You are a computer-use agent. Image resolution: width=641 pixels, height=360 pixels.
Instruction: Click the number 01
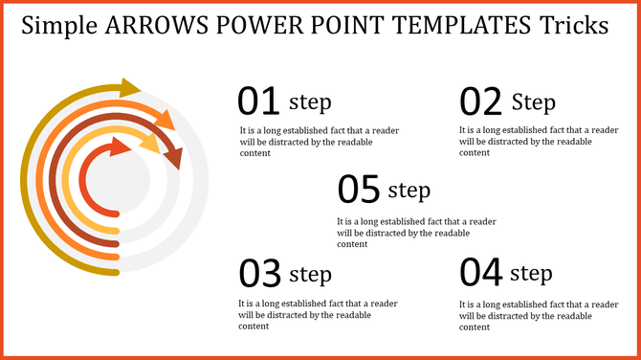pyautogui.click(x=258, y=101)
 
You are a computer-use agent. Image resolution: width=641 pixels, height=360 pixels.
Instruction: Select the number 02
pyautogui.click(x=481, y=101)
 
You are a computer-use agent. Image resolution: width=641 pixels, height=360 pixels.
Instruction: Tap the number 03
pyautogui.click(x=258, y=274)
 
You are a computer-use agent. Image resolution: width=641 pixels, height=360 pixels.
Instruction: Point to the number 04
pyautogui.click(x=481, y=273)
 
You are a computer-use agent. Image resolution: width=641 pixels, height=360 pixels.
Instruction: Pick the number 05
pyautogui.click(x=360, y=189)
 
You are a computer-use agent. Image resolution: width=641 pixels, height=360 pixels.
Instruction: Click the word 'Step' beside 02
pyautogui.click(x=533, y=101)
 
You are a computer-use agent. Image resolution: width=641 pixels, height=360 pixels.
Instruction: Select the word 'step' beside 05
pyautogui.click(x=409, y=190)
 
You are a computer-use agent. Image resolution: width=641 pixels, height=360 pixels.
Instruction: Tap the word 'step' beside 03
pyautogui.click(x=310, y=274)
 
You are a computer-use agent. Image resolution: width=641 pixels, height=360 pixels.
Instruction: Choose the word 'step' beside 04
pyautogui.click(x=531, y=274)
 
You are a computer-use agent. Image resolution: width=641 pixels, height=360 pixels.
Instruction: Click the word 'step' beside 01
pyautogui.click(x=310, y=101)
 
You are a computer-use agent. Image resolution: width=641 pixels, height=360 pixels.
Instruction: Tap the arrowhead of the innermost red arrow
pyautogui.click(x=122, y=146)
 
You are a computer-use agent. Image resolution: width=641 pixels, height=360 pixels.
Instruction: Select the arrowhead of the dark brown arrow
pyautogui.click(x=174, y=157)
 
